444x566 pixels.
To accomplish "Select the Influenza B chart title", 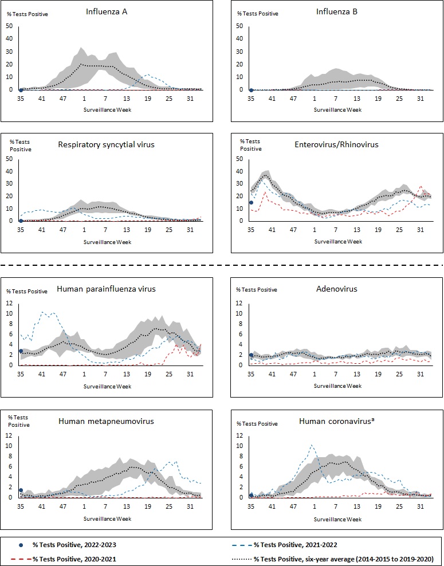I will coord(337,11).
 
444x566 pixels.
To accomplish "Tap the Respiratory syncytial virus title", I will coord(106,144).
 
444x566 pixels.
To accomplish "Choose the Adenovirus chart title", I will coord(337,289).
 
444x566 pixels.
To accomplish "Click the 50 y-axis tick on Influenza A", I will coord(9,25).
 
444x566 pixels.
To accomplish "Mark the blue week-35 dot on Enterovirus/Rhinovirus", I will coord(251,203).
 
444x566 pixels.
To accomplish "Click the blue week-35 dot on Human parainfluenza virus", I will coord(21,351).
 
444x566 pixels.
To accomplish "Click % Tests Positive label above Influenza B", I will coord(258,14).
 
